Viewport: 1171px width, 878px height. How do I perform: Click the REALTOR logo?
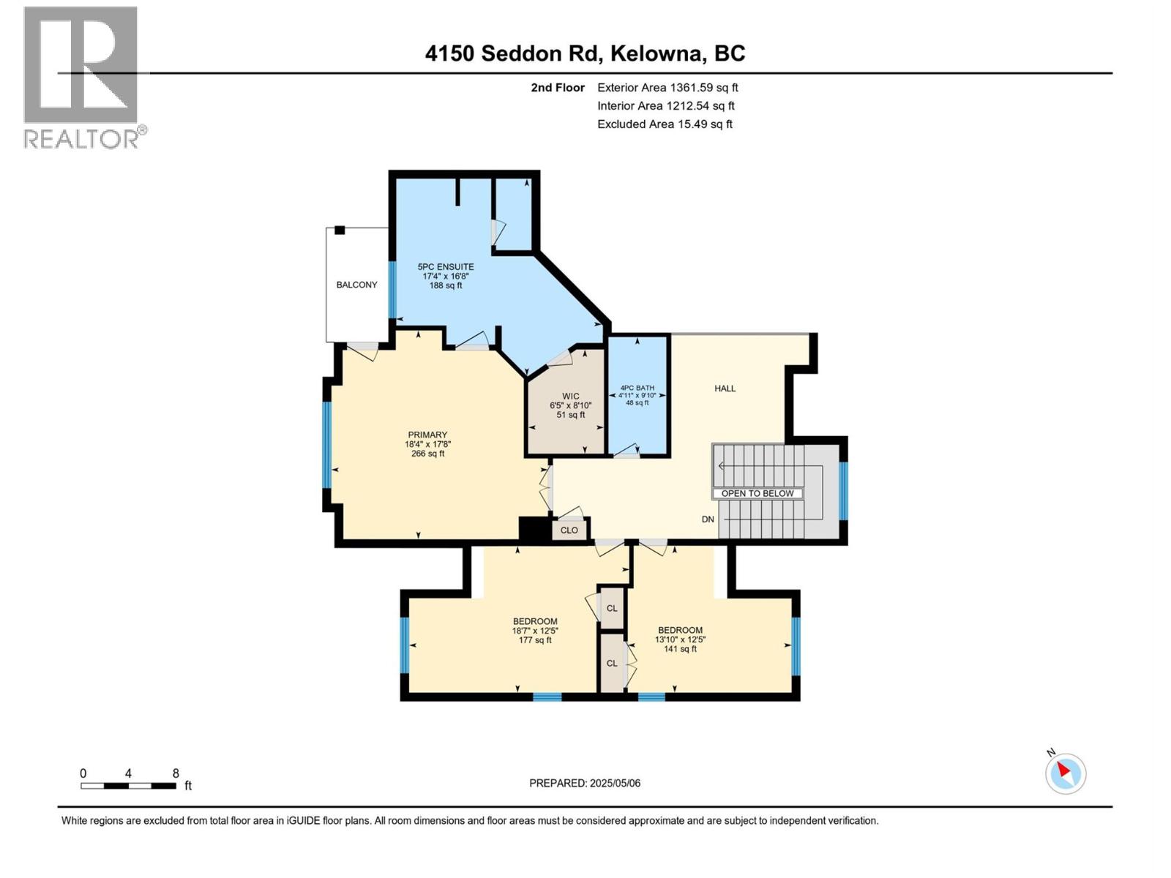pos(81,77)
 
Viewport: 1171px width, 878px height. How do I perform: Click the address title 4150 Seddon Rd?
pos(585,53)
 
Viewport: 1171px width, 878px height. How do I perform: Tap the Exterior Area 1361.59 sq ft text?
pos(667,88)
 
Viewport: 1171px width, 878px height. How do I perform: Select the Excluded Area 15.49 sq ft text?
pos(664,124)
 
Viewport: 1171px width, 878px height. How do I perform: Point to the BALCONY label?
pos(356,285)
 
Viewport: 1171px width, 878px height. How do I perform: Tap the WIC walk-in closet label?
pos(570,405)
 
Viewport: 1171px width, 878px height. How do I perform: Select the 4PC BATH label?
pos(637,395)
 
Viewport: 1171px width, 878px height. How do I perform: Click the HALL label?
pos(725,389)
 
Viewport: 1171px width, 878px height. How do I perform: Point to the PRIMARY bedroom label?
pos(427,443)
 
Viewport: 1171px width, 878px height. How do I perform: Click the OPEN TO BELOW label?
pos(757,493)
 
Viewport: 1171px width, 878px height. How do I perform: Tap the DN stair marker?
pos(707,519)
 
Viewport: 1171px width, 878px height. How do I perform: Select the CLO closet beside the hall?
pos(569,530)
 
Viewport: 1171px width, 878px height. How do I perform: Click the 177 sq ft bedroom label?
pos(534,630)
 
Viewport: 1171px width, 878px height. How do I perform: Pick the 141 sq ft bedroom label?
pos(680,639)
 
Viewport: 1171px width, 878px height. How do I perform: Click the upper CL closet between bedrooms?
pos(612,608)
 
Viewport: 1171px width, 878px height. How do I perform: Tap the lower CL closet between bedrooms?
pos(612,663)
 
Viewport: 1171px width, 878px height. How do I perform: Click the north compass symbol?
pos(1065,773)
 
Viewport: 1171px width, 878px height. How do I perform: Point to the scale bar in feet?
pos(129,785)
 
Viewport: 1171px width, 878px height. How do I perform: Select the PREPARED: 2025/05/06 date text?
pos(584,783)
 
